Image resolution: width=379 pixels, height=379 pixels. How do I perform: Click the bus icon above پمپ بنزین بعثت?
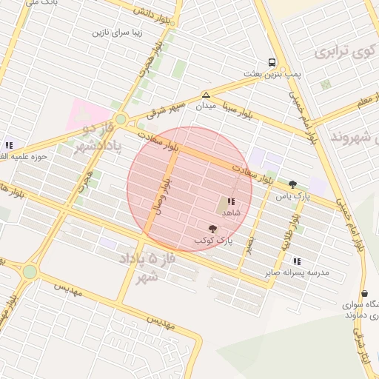pos(273,64)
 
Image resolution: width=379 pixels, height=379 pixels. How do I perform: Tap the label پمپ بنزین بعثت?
pos(272,76)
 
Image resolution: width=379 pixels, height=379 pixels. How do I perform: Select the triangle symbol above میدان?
pos(206,95)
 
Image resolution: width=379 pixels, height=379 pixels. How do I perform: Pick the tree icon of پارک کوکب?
pos(214,229)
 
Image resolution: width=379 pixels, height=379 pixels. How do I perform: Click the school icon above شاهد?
pos(232,201)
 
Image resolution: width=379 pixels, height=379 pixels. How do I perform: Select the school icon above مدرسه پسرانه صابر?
pos(297,261)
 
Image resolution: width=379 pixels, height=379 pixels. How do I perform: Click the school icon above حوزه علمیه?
pos(9,145)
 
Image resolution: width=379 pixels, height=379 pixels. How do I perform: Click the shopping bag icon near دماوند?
pos(364,294)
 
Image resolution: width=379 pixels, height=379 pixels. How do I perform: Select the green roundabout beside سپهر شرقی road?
pos(121,118)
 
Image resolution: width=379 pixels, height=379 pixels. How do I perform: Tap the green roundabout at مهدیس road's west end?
pos(30,272)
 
